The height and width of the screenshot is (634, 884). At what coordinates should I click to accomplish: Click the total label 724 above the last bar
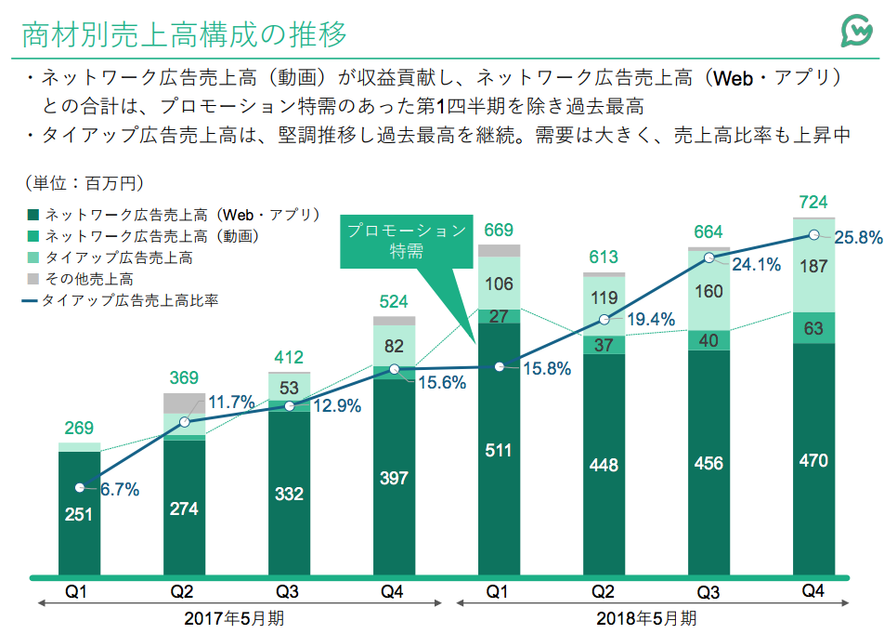click(x=813, y=203)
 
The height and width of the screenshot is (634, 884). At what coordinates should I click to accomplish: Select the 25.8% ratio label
click(x=859, y=238)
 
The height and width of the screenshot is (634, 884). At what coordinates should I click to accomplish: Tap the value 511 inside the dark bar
click(x=499, y=451)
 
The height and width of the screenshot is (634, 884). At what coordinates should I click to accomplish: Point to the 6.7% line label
click(x=119, y=490)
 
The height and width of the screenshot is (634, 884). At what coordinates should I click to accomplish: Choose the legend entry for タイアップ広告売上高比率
click(x=121, y=300)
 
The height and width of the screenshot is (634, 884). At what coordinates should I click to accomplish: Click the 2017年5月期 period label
click(x=237, y=618)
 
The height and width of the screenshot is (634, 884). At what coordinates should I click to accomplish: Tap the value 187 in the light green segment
click(x=813, y=268)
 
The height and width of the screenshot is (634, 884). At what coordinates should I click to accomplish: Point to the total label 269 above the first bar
click(x=79, y=429)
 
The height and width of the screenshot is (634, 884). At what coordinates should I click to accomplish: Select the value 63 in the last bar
click(x=813, y=327)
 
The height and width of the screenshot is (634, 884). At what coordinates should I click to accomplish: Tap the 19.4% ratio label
click(x=649, y=320)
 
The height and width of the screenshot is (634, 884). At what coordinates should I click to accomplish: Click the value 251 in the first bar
click(x=79, y=514)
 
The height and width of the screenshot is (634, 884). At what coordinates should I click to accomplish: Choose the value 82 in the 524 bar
click(x=394, y=347)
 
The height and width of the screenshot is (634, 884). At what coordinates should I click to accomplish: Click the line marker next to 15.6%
click(x=395, y=369)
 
